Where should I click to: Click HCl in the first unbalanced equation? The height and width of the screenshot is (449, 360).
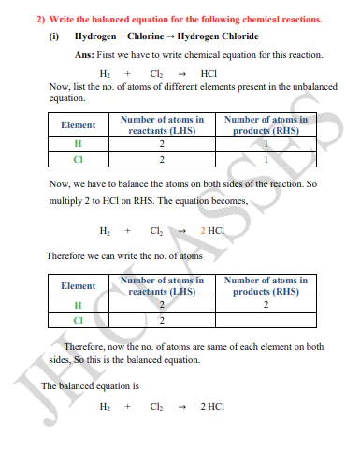[x=209, y=72]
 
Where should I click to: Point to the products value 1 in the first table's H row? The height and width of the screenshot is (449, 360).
[x=266, y=144]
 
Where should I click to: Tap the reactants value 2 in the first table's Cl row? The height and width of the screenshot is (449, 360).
[x=161, y=159]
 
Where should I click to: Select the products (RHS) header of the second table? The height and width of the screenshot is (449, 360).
[x=266, y=285]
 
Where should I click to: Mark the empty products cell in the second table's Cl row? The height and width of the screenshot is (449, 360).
[x=266, y=321]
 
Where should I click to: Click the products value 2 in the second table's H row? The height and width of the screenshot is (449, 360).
[x=266, y=305]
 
